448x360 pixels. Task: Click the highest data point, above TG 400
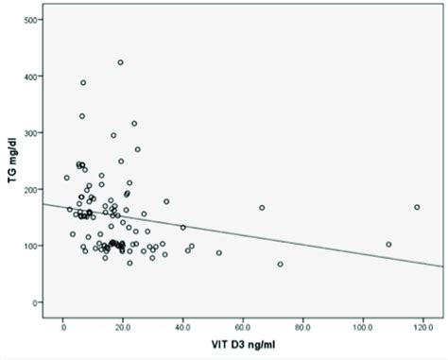(x=120, y=62)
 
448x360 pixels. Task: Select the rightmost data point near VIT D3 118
(x=417, y=207)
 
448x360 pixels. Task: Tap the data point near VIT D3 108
(x=388, y=245)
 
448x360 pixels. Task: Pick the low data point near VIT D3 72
(x=281, y=265)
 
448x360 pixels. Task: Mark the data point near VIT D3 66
(x=262, y=208)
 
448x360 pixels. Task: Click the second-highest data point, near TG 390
(x=83, y=83)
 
